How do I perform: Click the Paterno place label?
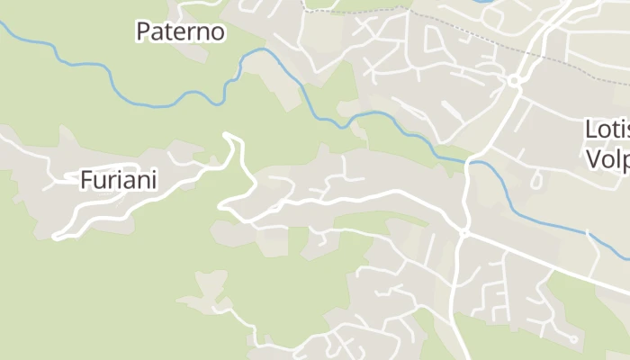pyautogui.click(x=180, y=31)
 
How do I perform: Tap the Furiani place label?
pyautogui.click(x=119, y=180)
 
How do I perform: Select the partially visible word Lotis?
pyautogui.click(x=607, y=130)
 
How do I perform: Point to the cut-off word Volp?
pyautogui.click(x=608, y=159)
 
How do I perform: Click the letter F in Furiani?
pyautogui.click(x=87, y=180)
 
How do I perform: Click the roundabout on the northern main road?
pyautogui.click(x=514, y=82)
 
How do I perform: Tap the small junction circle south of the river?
pyautogui.click(x=463, y=232)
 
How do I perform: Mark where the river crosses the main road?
pyautogui.click(x=470, y=162)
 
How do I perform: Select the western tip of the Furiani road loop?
pyautogui.click(x=58, y=238)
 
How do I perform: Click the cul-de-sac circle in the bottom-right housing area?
pyautogui.click(x=572, y=339)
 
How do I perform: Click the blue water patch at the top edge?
pyautogui.click(x=481, y=3)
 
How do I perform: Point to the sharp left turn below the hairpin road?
pyautogui.click(x=222, y=207)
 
